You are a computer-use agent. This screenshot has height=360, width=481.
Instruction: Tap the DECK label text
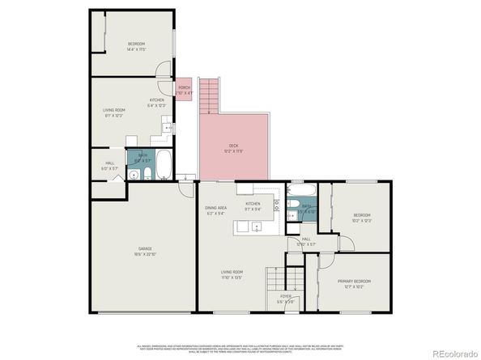[232, 146]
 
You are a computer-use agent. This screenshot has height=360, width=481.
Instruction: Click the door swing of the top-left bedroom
[164, 70]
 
